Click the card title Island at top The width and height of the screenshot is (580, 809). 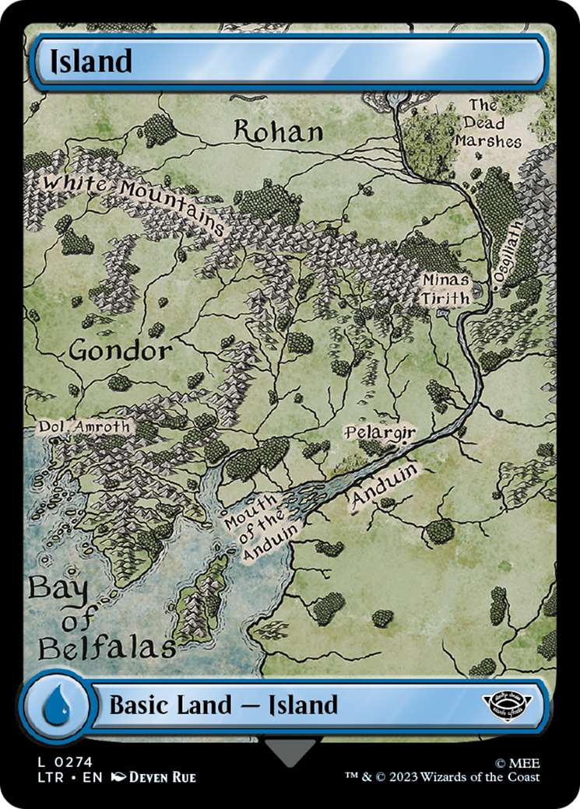(x=90, y=61)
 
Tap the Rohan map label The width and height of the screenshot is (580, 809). (x=279, y=131)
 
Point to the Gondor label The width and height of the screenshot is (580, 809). (x=120, y=351)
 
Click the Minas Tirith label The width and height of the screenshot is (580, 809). (x=445, y=289)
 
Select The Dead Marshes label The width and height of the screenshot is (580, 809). (x=490, y=123)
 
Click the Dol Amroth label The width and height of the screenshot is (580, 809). (x=85, y=427)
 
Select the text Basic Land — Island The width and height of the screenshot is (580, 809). (x=223, y=706)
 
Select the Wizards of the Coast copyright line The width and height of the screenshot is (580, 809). (x=443, y=777)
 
